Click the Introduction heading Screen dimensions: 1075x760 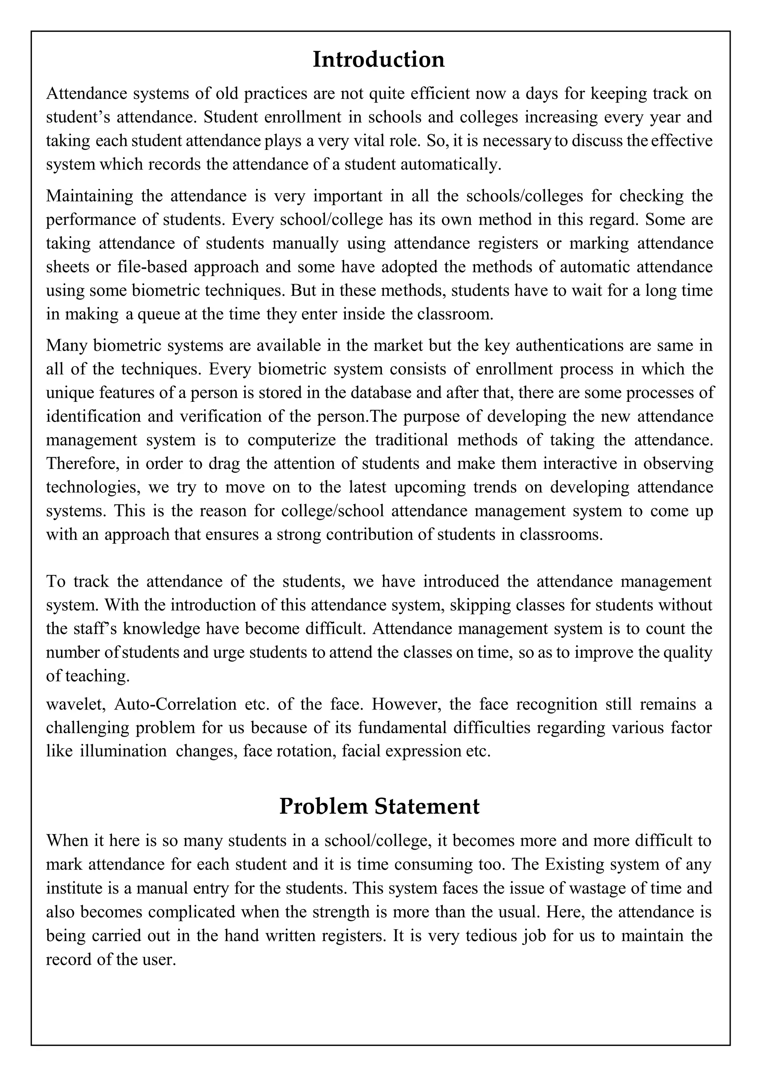tap(379, 59)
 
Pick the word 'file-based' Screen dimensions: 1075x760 tap(153, 266)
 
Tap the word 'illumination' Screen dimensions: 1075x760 tap(123, 751)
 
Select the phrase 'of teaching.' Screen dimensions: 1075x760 tap(88, 676)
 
